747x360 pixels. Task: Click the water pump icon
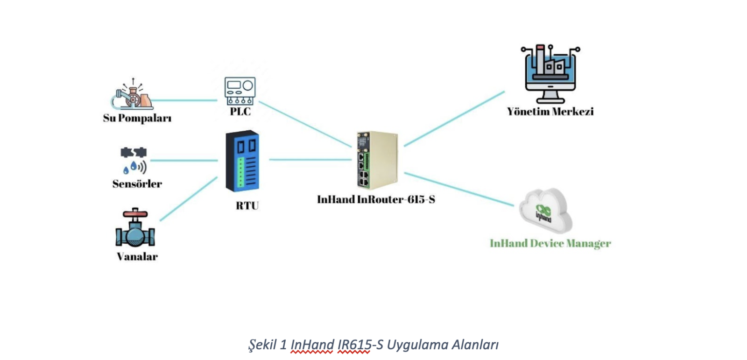click(133, 95)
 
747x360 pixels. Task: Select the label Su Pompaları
click(137, 118)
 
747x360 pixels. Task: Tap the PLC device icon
click(240, 91)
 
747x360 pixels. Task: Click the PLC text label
click(240, 112)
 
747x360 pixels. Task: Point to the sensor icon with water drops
click(134, 160)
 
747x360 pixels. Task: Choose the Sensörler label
click(137, 184)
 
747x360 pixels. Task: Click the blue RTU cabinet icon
click(242, 161)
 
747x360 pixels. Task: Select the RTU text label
click(247, 206)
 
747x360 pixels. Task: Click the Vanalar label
click(137, 256)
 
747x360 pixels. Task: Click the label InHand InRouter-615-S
click(376, 200)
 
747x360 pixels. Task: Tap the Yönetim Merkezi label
click(550, 112)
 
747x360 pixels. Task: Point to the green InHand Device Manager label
click(550, 243)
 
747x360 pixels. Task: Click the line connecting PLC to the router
click(304, 124)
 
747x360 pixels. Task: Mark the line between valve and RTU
click(189, 198)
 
